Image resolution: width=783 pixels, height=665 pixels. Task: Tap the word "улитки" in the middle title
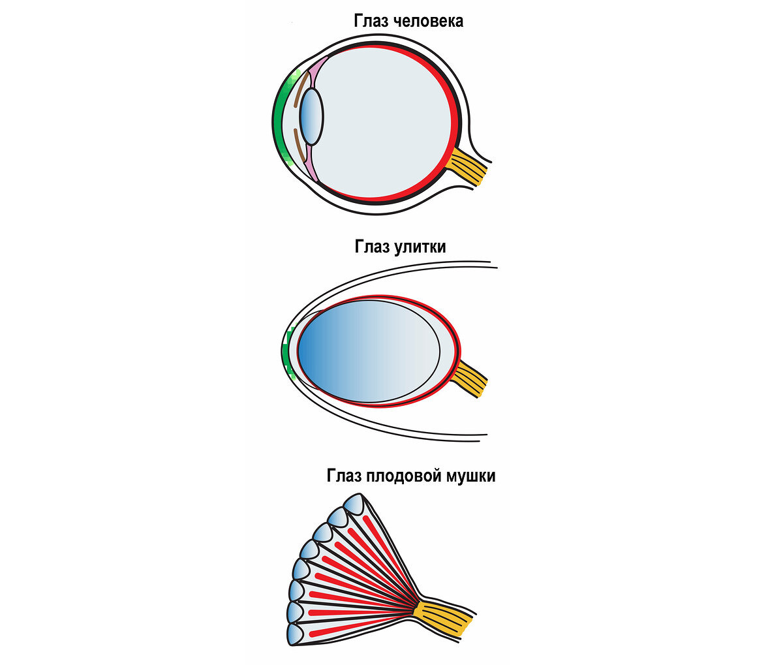420,247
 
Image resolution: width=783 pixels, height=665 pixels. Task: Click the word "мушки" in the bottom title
470,476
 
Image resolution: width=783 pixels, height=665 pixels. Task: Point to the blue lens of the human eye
312,117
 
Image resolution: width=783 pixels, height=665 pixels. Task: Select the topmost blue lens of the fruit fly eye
354,504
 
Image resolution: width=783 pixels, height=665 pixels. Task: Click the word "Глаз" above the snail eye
372,247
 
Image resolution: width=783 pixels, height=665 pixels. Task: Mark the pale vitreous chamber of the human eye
385,121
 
